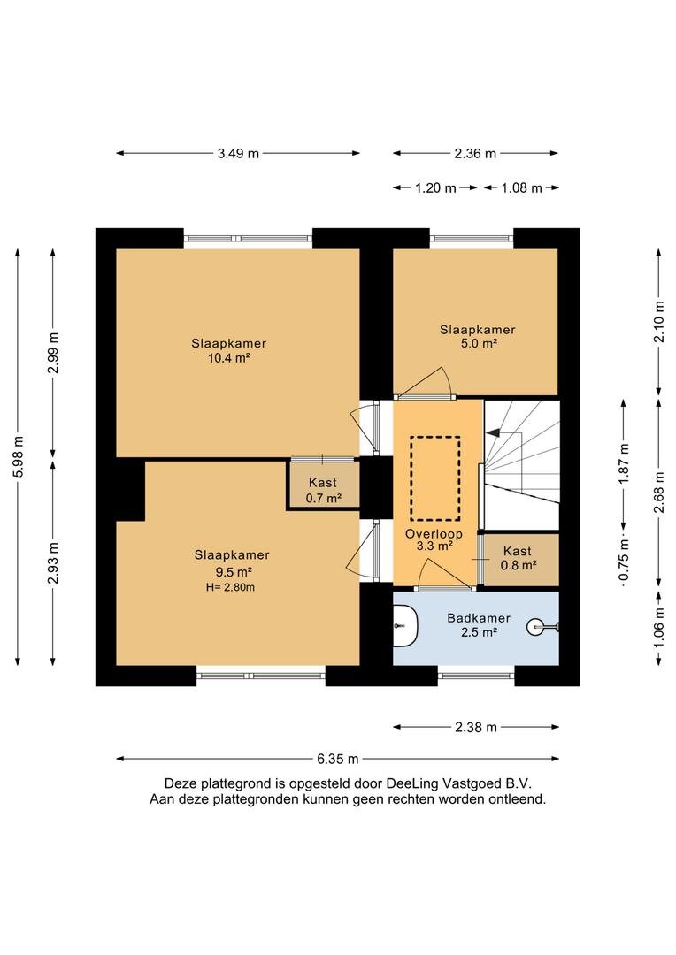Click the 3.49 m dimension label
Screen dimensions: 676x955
pyautogui.click(x=238, y=154)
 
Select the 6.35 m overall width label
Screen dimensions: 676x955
pyautogui.click(x=338, y=759)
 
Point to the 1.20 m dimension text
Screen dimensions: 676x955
pyautogui.click(x=435, y=188)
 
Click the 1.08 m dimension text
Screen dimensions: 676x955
pyautogui.click(x=522, y=188)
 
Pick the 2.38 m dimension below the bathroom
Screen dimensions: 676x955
pyautogui.click(x=476, y=727)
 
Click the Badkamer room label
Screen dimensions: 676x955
pyautogui.click(x=479, y=618)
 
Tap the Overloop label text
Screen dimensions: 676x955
pyautogui.click(x=434, y=534)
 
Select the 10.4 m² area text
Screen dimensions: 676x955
pyautogui.click(x=229, y=358)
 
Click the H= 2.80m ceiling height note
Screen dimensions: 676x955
pyautogui.click(x=230, y=588)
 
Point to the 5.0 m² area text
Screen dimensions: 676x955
pyautogui.click(x=479, y=343)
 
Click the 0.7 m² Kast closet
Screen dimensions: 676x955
pyautogui.click(x=323, y=485)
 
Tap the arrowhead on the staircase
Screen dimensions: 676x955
pyautogui.click(x=492, y=433)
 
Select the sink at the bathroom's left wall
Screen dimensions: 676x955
pyautogui.click(x=405, y=625)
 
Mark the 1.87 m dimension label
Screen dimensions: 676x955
pyautogui.click(x=624, y=464)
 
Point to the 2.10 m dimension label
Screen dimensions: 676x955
pyautogui.click(x=659, y=322)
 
